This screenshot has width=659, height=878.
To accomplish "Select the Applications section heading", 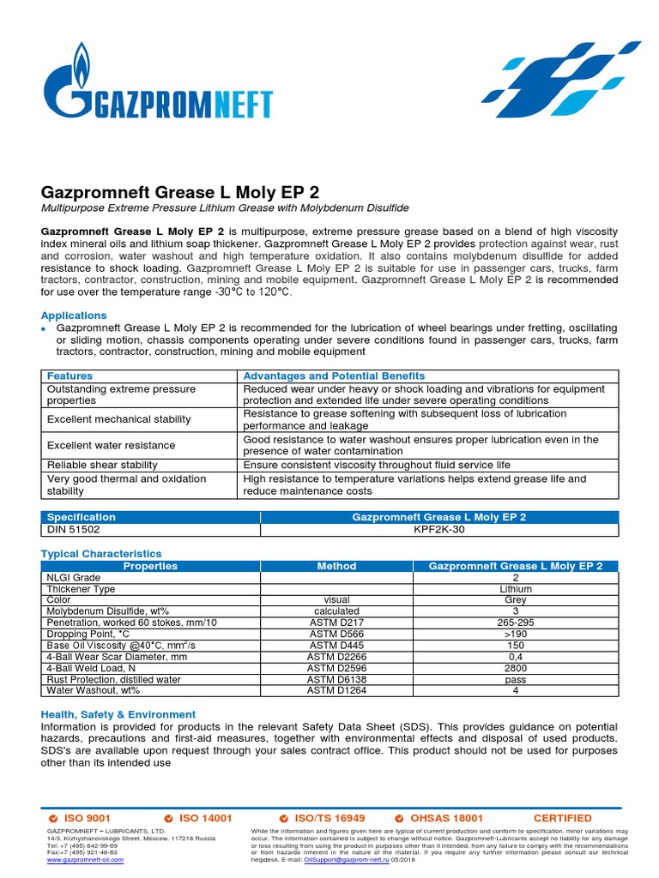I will [x=74, y=316].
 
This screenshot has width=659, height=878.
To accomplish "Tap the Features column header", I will [x=70, y=376].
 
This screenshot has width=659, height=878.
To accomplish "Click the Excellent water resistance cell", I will [x=111, y=445].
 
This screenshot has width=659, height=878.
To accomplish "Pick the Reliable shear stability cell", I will [x=102, y=465].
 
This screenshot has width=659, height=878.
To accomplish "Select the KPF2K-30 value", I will [x=439, y=530].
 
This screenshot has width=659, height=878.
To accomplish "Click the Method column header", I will [x=336, y=566].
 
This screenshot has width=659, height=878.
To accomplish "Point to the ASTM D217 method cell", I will [x=336, y=622].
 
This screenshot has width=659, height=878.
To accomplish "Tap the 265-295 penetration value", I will [x=515, y=622].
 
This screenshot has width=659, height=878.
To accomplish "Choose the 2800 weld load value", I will [x=515, y=667].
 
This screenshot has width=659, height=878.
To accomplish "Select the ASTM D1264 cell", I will [x=336, y=689].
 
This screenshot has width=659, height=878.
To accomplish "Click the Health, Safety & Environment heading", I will [x=118, y=714].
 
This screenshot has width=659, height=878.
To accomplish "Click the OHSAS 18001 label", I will [x=447, y=818].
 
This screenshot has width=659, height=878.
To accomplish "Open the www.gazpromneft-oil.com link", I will [x=84, y=860].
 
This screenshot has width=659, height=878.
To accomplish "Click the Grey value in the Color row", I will [x=515, y=600].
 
